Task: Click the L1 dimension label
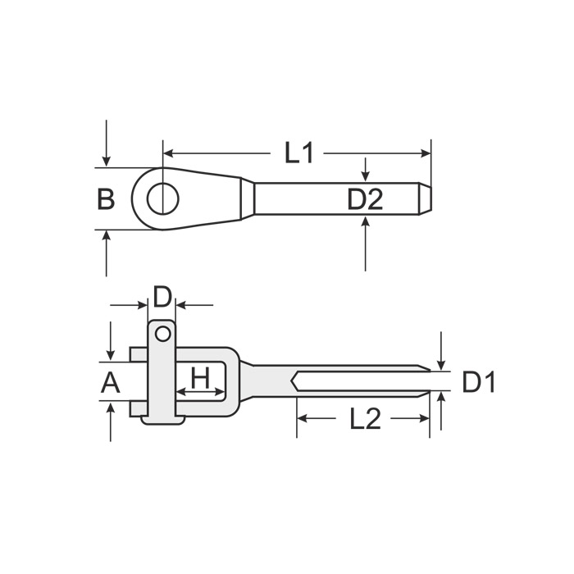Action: [299, 153]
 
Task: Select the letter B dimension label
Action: [106, 198]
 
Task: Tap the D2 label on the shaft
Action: [365, 199]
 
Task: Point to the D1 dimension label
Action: [479, 382]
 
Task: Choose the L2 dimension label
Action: [366, 419]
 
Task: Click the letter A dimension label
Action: [110, 383]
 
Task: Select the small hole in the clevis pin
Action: [163, 334]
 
